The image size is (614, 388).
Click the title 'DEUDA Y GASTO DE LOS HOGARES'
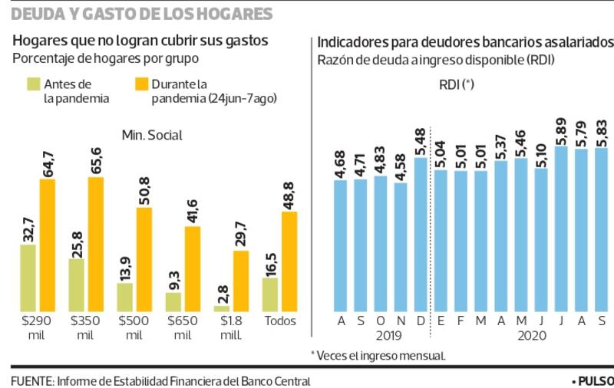[142, 15]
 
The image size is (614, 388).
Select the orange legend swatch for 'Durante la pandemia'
[141, 84]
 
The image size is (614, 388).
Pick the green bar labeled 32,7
[28, 277]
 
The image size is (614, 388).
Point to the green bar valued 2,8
[221, 305]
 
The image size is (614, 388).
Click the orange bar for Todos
[289, 260]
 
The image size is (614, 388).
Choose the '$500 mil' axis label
[134, 327]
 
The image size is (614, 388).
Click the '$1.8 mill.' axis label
[230, 327]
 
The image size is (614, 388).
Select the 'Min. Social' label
[152, 136]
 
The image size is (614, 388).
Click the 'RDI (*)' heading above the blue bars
[457, 85]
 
